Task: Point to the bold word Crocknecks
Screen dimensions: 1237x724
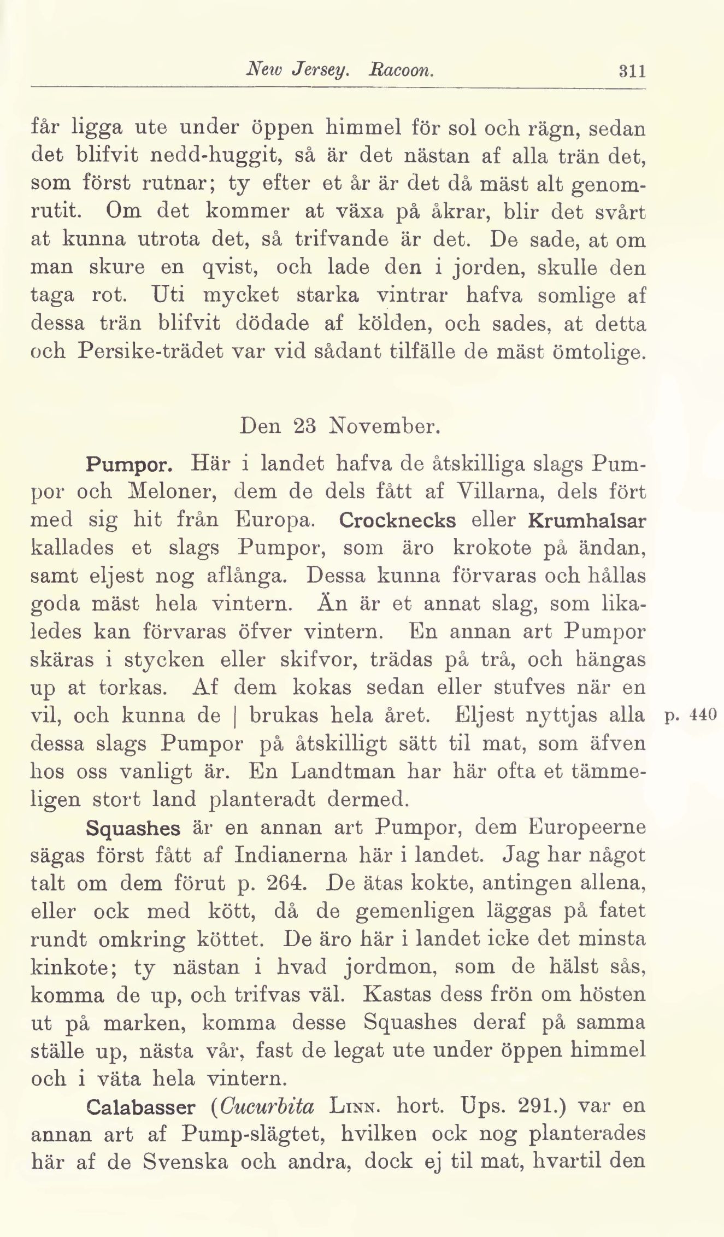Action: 397,519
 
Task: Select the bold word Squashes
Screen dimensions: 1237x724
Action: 133,828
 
